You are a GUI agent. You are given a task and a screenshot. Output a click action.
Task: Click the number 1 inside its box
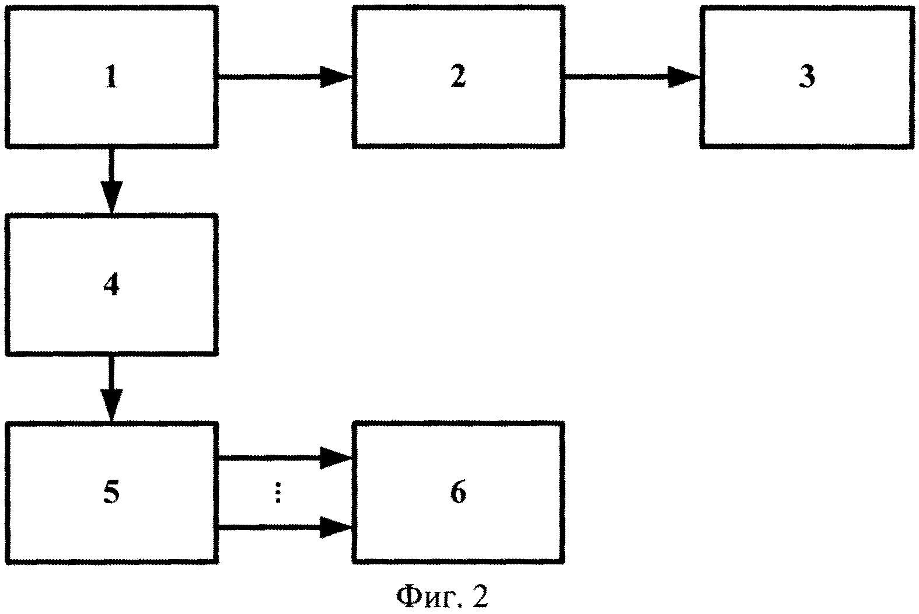[x=111, y=77]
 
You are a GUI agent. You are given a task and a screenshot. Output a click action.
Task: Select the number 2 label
[x=457, y=77]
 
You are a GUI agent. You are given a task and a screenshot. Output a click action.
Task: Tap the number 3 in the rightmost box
[x=806, y=77]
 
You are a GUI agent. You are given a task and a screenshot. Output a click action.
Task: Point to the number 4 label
[x=111, y=285]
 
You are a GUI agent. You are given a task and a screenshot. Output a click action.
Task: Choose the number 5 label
[x=111, y=493]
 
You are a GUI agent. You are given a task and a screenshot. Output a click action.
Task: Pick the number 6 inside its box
[x=458, y=493]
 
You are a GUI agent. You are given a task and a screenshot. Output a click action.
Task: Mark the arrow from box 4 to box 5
[x=111, y=388]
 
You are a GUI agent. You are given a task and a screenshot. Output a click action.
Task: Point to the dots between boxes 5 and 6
[x=278, y=494]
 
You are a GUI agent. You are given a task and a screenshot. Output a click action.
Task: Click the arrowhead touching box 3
[x=684, y=76]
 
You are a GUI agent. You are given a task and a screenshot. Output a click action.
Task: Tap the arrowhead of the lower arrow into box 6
[x=337, y=528]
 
